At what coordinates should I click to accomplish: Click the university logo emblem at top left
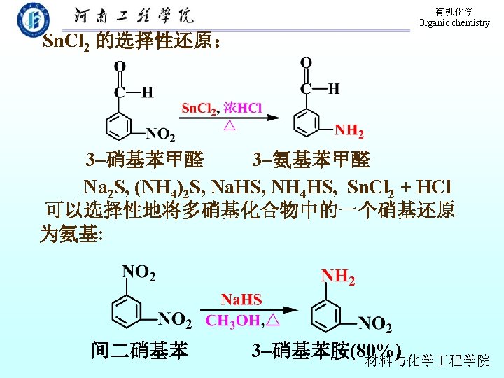pos(33,19)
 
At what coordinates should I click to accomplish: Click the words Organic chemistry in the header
pos(454,23)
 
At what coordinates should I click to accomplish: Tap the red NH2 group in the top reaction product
pos(349,130)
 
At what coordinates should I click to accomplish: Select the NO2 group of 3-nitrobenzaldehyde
pos(160,134)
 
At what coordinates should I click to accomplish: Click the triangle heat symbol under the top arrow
pos(229,127)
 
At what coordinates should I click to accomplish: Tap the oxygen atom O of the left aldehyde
pos(120,67)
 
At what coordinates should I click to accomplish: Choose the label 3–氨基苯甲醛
pos(311,160)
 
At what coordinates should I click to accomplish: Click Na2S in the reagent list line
pos(103,188)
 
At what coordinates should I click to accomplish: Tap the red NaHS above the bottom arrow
pos(241,300)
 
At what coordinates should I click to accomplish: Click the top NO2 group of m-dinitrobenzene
pos(139,272)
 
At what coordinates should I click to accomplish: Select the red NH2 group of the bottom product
pos(338,278)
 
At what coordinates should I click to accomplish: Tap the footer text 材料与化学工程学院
pos(428,360)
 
